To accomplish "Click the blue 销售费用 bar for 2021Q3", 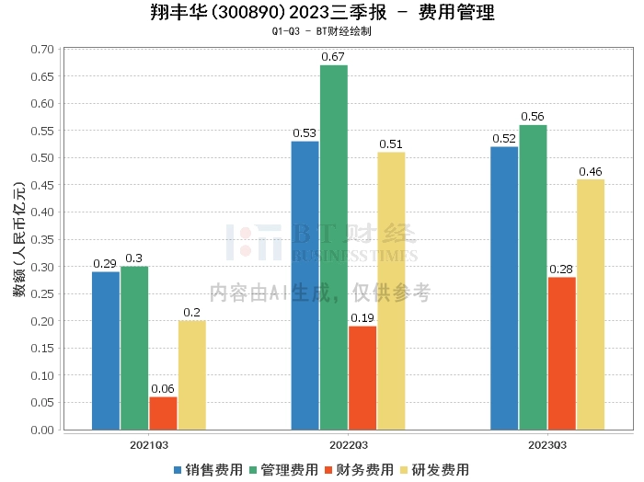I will click(106, 350).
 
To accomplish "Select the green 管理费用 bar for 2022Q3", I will click(334, 247).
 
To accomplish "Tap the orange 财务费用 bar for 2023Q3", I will click(561, 353).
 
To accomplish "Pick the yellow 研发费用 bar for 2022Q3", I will click(391, 291).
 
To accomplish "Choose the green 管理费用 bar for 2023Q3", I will click(533, 277).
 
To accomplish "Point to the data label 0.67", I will click(334, 57).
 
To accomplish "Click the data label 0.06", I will click(163, 389).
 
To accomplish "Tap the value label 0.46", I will click(590, 171).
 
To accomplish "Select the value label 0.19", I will click(362, 318).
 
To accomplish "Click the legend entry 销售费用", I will click(209, 470).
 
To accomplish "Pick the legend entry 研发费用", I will click(436, 470).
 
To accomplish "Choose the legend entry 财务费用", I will click(360, 470).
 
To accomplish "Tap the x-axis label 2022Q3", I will click(348, 444).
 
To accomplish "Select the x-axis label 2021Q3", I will click(149, 444).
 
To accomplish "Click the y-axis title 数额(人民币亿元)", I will click(17, 239).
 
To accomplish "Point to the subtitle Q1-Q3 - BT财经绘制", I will click(321, 31).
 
